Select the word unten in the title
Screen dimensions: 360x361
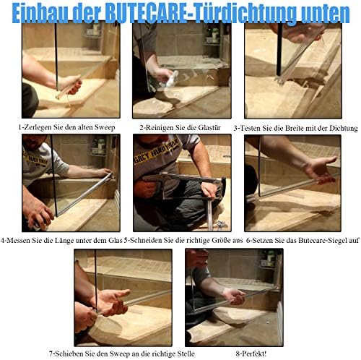pos(321,12)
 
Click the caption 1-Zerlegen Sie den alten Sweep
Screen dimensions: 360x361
pos(69,128)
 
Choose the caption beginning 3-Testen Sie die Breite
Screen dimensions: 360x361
pos(296,128)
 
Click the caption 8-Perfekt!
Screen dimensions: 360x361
pos(234,353)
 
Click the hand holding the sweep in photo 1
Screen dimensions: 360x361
pos(70,84)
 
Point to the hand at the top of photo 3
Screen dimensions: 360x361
pos(303,32)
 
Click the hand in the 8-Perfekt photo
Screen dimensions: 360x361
pos(232,296)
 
